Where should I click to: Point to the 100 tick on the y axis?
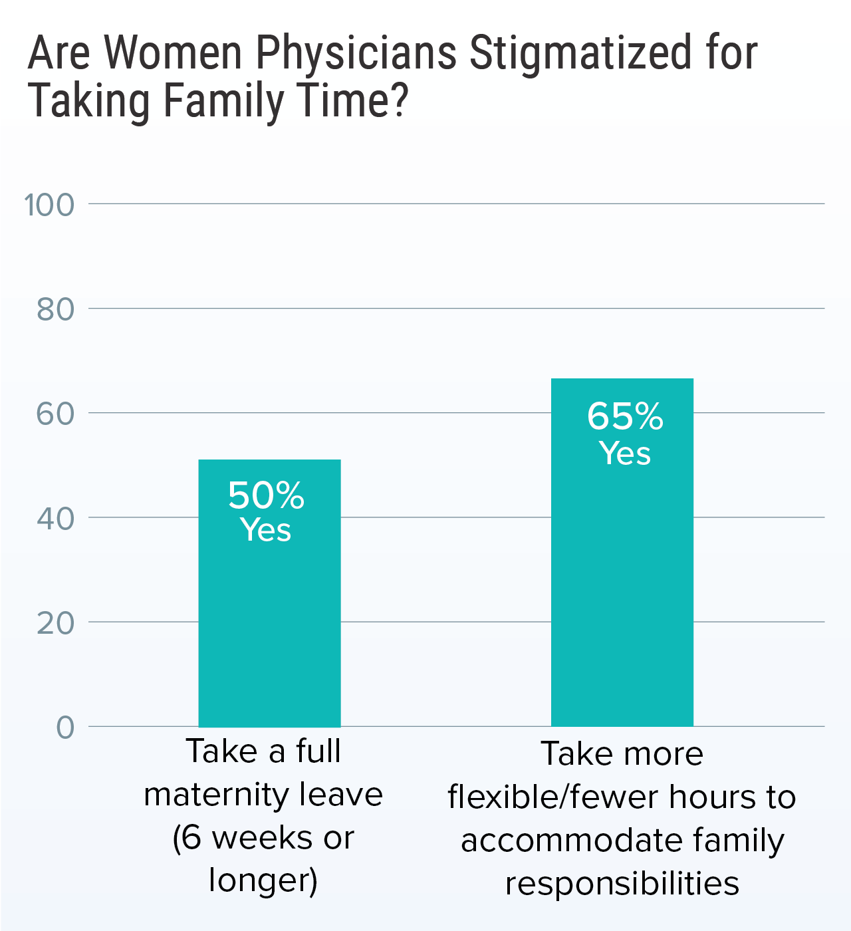click(x=49, y=205)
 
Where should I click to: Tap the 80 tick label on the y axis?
click(x=55, y=309)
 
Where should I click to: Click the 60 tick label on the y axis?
click(x=55, y=414)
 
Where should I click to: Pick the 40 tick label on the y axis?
click(x=55, y=518)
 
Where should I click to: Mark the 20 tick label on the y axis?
click(x=55, y=622)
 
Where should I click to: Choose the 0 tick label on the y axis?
click(x=65, y=727)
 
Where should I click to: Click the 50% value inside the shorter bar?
click(x=266, y=495)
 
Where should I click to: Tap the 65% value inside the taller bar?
click(x=625, y=417)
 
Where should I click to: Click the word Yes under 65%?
click(x=625, y=454)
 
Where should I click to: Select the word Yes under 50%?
click(x=266, y=530)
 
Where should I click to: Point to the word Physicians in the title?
click(x=356, y=53)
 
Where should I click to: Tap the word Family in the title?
click(x=223, y=101)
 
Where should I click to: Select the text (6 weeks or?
click(x=263, y=837)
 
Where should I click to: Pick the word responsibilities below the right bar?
click(x=622, y=884)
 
